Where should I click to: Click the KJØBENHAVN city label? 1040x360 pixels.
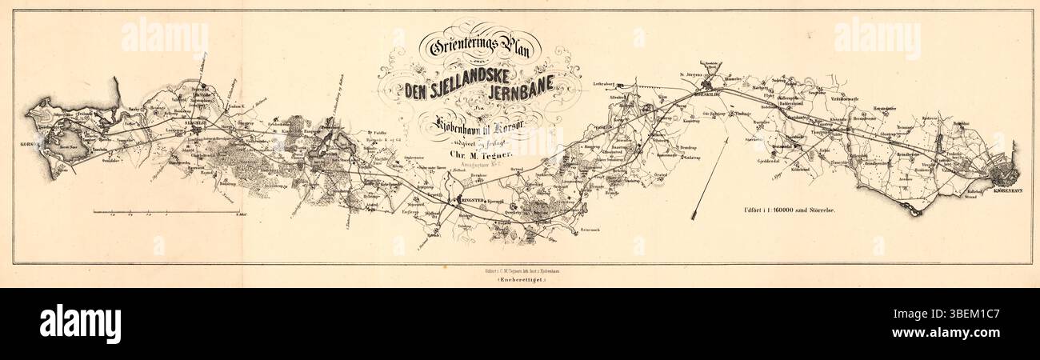pyautogui.click(x=1002, y=190)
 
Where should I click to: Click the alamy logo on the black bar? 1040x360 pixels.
pyautogui.click(x=80, y=324)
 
